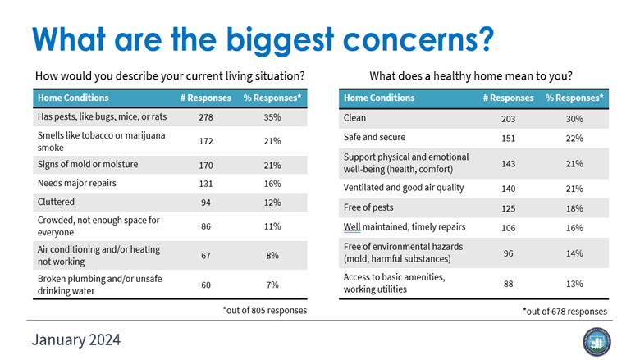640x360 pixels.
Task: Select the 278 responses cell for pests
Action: tap(206, 118)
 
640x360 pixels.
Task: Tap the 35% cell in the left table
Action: tap(272, 118)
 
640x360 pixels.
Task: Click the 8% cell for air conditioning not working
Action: tap(272, 255)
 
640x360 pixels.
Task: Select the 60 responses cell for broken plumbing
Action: tap(206, 285)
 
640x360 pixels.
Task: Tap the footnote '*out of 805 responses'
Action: tap(264, 310)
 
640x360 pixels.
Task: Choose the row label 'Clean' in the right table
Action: tap(354, 119)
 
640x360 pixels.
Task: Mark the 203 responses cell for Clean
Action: tap(508, 119)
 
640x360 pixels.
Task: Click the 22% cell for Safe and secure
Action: tap(574, 138)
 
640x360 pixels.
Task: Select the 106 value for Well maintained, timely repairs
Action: tap(508, 227)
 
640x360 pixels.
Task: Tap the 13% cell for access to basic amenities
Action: tap(574, 284)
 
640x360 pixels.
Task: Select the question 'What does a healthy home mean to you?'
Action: tap(470, 76)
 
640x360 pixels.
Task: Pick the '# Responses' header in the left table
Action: tap(206, 98)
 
